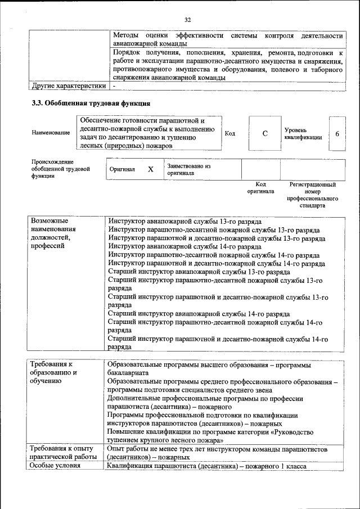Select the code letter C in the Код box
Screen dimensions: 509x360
click(x=264, y=133)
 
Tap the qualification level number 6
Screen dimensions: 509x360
click(x=337, y=133)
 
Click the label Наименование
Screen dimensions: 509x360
click(x=51, y=133)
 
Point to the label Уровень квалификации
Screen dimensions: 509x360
click(x=303, y=133)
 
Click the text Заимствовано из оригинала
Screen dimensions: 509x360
click(x=188, y=169)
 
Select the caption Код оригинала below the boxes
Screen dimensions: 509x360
click(x=260, y=188)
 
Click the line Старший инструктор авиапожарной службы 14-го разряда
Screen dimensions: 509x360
click(x=199, y=314)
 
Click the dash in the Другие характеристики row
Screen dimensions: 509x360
click(x=114, y=87)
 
